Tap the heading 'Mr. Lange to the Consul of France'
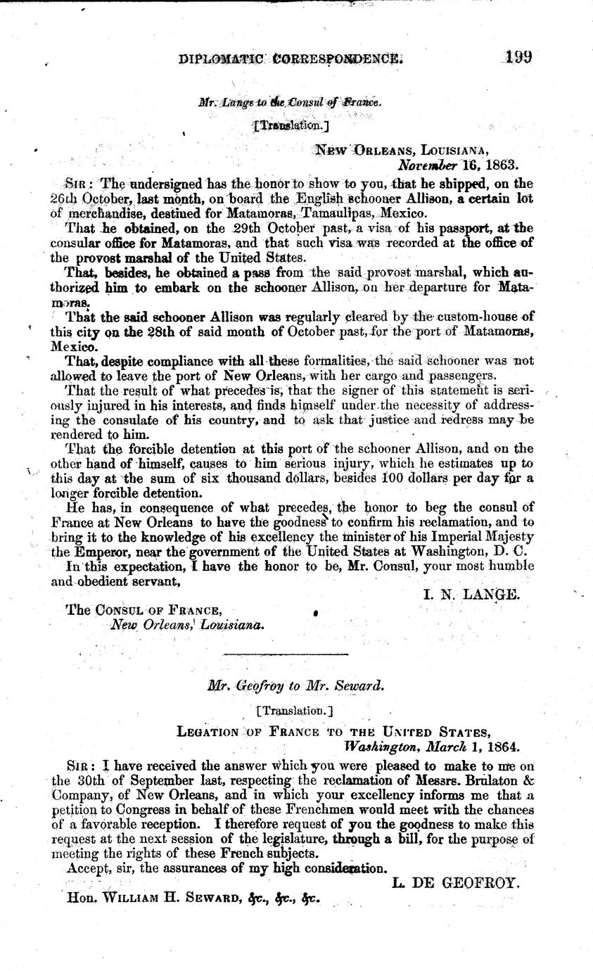[289, 102]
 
